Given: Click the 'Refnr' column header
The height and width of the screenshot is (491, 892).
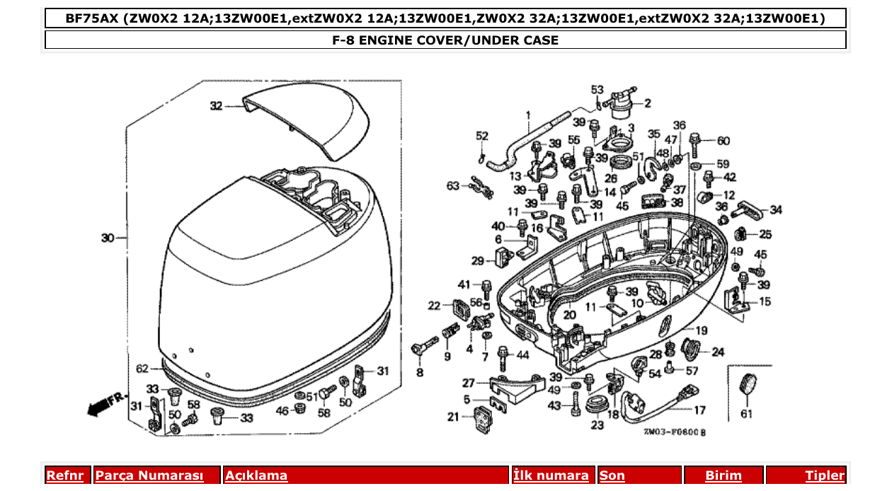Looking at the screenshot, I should coord(64,475).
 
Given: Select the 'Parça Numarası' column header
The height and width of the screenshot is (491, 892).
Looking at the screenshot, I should coord(149,475).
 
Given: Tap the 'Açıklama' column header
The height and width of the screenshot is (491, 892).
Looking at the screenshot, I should coord(256,475).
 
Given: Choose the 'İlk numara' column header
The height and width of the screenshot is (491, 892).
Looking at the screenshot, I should coord(551,475).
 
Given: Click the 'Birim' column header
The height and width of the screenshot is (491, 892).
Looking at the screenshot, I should coord(723,475).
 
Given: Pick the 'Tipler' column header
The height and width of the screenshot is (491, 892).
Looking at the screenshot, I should coord(824,475).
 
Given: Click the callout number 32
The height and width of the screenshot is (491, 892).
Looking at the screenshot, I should coord(216,106).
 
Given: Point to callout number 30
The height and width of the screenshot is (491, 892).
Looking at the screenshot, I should coord(108,238).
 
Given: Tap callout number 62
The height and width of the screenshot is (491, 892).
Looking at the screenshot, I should coord(142,369).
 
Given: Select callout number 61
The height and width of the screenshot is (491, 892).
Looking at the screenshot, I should coord(746,414).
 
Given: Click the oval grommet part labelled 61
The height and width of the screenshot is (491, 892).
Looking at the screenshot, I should coord(746,386).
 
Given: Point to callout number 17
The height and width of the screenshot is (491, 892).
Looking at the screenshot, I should coord(699,410).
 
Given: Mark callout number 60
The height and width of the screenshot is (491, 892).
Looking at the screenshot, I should coord(723,141).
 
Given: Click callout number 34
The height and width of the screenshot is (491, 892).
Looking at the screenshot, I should coord(776,209).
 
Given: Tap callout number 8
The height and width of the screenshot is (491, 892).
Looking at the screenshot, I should coord(420,372).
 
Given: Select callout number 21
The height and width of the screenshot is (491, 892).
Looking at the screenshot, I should coord(453,417).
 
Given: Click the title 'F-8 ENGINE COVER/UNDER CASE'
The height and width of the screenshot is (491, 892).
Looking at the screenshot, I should coord(445,40).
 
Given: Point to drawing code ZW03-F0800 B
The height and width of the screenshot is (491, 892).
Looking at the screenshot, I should coord(675,431).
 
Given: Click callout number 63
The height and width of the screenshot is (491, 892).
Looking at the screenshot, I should coord(452,186).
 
